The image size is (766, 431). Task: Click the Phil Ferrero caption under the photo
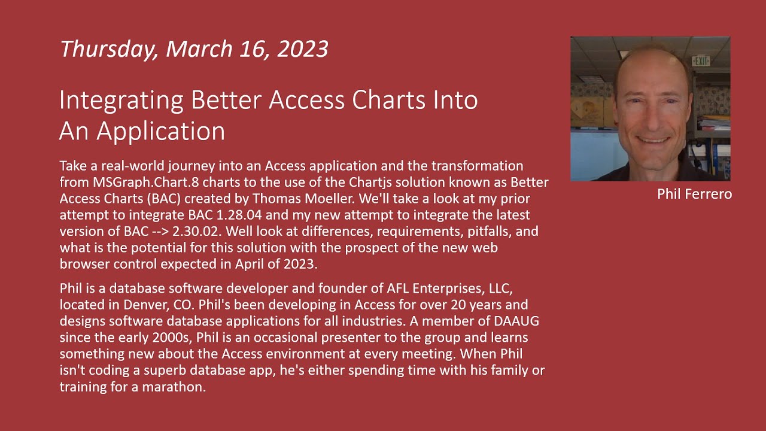694,194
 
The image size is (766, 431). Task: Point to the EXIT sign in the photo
700,60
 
